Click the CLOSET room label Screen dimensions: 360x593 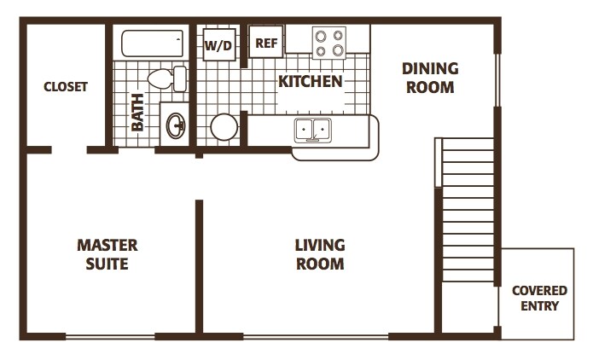66,86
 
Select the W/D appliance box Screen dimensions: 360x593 218,45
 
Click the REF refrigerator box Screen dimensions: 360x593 266,43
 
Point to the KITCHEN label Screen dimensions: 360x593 310,82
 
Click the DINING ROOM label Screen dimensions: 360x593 430,78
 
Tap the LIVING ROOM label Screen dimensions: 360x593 320,254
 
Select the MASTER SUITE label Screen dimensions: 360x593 108,254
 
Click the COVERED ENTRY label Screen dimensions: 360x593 539,299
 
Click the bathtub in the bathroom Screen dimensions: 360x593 153,44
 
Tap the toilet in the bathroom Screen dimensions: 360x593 166,78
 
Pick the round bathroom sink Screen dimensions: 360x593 177,126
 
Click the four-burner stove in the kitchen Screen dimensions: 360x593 328,42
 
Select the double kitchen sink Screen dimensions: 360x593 313,130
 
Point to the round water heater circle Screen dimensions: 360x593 224,127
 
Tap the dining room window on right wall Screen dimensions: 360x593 497,81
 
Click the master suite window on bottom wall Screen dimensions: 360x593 110,336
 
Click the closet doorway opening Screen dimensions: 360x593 69,150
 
